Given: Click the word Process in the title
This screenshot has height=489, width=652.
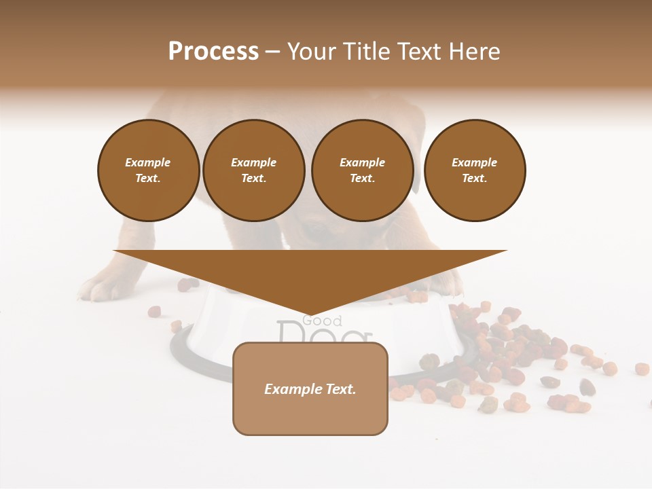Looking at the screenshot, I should (213, 52).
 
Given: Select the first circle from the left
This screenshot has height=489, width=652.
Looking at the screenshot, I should (148, 170).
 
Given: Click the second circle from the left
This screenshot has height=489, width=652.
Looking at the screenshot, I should (253, 170).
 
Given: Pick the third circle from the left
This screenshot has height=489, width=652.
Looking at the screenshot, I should (362, 170).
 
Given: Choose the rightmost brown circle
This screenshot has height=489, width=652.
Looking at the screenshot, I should (474, 170).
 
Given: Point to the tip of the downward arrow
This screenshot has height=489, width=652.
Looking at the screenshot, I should (310, 314).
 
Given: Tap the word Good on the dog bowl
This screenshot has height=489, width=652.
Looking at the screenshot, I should (322, 321).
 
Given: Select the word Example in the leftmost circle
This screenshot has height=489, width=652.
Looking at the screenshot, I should (148, 163).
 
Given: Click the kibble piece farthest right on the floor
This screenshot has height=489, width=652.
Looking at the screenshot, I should (642, 368).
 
